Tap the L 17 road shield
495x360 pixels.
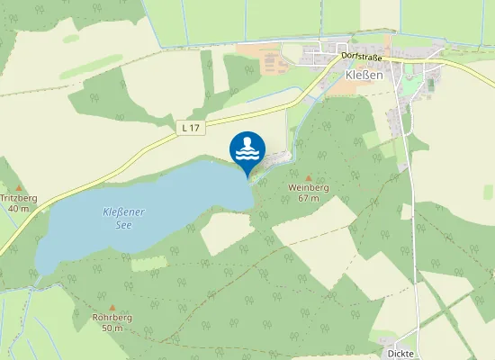[189, 128]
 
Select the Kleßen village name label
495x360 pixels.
[364, 76]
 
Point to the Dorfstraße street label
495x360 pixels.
[362, 57]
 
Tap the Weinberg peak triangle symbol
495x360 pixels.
[309, 177]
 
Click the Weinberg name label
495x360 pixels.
[309, 187]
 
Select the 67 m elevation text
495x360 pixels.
[309, 198]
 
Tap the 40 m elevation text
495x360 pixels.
[18, 208]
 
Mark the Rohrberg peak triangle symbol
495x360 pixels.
[112, 307]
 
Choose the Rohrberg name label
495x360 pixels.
[112, 318]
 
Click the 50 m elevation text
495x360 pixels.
[112, 328]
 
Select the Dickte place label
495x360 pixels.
[400, 354]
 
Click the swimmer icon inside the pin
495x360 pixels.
[247, 148]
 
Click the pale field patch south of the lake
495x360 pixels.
[226, 233]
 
